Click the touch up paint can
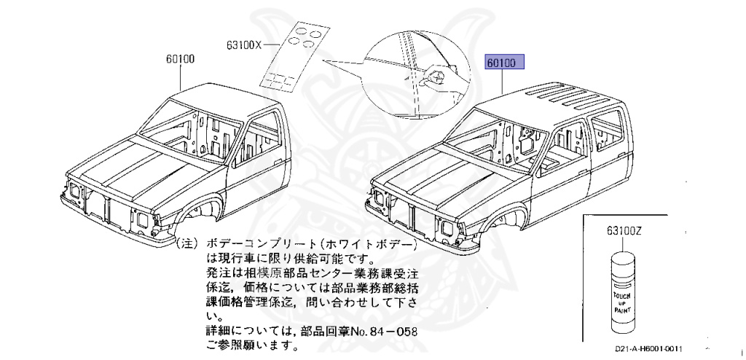[623, 291]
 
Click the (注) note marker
[186, 241]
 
